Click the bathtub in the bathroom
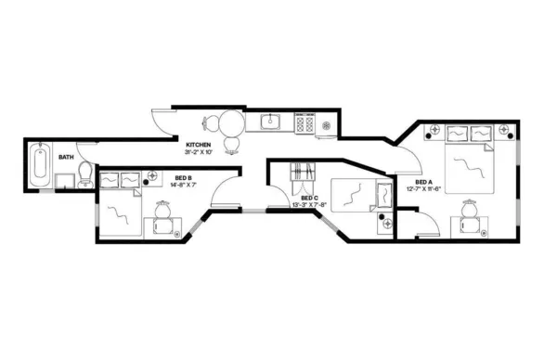pyautogui.click(x=40, y=164)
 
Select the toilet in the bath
pyautogui.click(x=85, y=172)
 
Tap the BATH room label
pyautogui.click(x=66, y=158)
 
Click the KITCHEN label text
pyautogui.click(x=199, y=146)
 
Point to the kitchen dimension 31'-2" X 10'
pyautogui.click(x=199, y=153)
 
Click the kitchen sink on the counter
pyautogui.click(x=271, y=121)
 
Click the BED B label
pyautogui.click(x=183, y=178)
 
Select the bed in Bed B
pyautogui.click(x=118, y=213)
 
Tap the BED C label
pyautogui.click(x=310, y=199)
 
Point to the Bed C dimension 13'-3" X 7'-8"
pyautogui.click(x=310, y=206)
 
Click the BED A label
pyautogui.click(x=424, y=182)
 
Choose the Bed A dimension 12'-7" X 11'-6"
pyautogui.click(x=424, y=189)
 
